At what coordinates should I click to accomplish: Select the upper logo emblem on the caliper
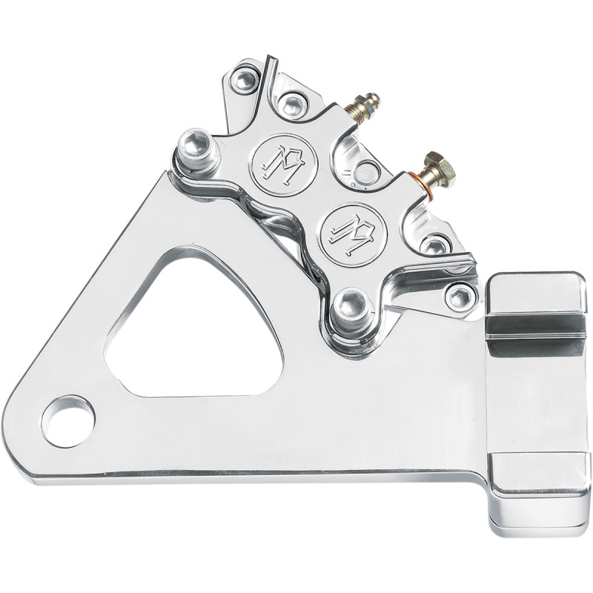point(284,159)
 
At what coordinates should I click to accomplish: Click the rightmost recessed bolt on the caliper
point(460,296)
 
